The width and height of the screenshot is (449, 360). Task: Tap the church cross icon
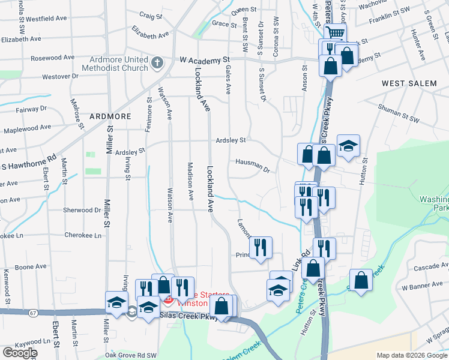[157, 63]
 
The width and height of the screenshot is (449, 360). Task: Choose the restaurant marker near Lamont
[261, 247]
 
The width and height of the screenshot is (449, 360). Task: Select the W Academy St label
[205, 60]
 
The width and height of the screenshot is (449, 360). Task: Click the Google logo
[20, 353]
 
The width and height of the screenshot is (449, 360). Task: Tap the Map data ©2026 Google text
[412, 355]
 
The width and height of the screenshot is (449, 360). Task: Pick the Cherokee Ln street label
[83, 235]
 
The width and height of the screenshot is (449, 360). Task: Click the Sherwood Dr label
[82, 210]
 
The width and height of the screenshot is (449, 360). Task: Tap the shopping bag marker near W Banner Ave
[360, 280]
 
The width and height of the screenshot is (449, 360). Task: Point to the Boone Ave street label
[31, 266]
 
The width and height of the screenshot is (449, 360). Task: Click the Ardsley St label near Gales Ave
[231, 140]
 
